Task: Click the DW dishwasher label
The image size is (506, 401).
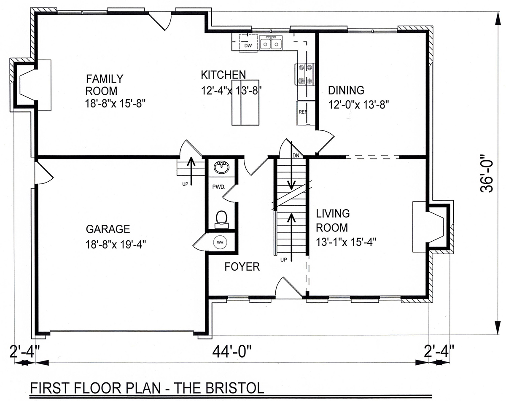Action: pyautogui.click(x=248, y=46)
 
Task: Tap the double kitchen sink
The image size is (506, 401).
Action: pyautogui.click(x=271, y=43)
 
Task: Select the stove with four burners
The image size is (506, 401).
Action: pyautogui.click(x=304, y=75)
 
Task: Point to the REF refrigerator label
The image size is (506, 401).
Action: pyautogui.click(x=303, y=112)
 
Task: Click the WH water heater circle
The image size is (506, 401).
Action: pyautogui.click(x=220, y=242)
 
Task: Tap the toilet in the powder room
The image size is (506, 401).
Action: pyautogui.click(x=221, y=219)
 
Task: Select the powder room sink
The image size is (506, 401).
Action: pyautogui.click(x=221, y=167)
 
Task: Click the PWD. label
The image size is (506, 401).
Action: pyautogui.click(x=219, y=187)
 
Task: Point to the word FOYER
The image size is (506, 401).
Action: pyautogui.click(x=242, y=267)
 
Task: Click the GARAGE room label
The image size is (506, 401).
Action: pyautogui.click(x=108, y=229)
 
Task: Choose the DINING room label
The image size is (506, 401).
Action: pyautogui.click(x=346, y=90)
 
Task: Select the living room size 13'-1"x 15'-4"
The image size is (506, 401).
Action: pyautogui.click(x=346, y=242)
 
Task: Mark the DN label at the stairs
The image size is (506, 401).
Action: pyautogui.click(x=296, y=156)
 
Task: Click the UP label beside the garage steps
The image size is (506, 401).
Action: pyautogui.click(x=185, y=184)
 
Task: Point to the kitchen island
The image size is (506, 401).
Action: pyautogui.click(x=245, y=102)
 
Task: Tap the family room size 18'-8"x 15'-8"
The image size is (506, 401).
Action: pyautogui.click(x=115, y=103)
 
